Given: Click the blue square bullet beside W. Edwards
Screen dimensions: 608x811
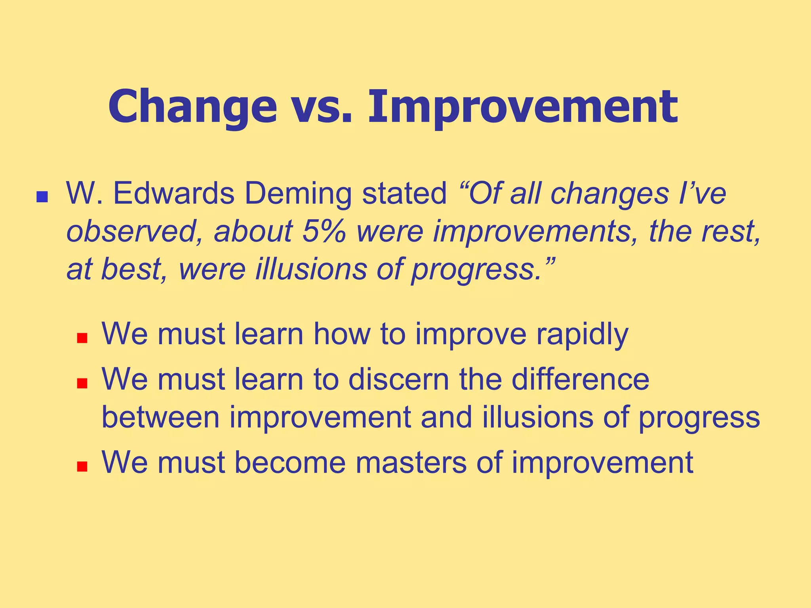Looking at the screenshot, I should click(42, 197).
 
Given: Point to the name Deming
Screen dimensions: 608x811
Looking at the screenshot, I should click(298, 194).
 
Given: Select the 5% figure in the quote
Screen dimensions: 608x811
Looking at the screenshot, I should click(324, 231).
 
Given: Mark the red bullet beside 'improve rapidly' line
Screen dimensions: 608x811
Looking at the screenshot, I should click(82, 338).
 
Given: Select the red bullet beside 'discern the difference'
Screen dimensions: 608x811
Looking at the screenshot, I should click(82, 383).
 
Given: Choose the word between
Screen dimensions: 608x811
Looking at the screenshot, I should click(160, 417).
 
